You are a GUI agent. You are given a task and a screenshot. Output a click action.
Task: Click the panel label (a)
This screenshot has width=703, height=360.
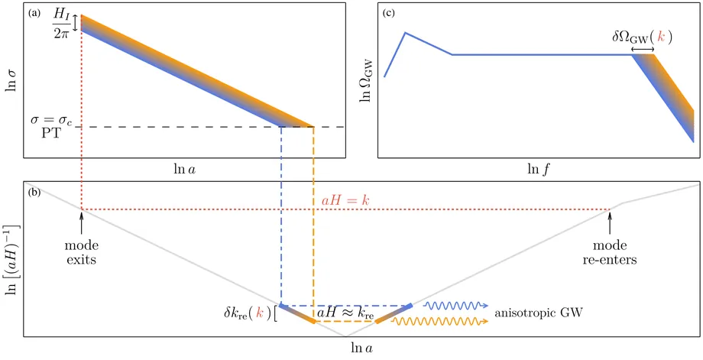pos(35,12)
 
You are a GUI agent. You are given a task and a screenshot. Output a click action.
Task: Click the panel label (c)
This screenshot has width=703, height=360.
pos(388,12)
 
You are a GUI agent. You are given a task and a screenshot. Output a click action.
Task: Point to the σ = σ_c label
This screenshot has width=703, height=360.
pos(50,120)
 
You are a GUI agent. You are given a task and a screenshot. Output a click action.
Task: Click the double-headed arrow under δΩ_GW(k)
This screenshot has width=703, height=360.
pos(643,50)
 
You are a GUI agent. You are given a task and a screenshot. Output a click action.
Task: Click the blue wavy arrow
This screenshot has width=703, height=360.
pos(456,305)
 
